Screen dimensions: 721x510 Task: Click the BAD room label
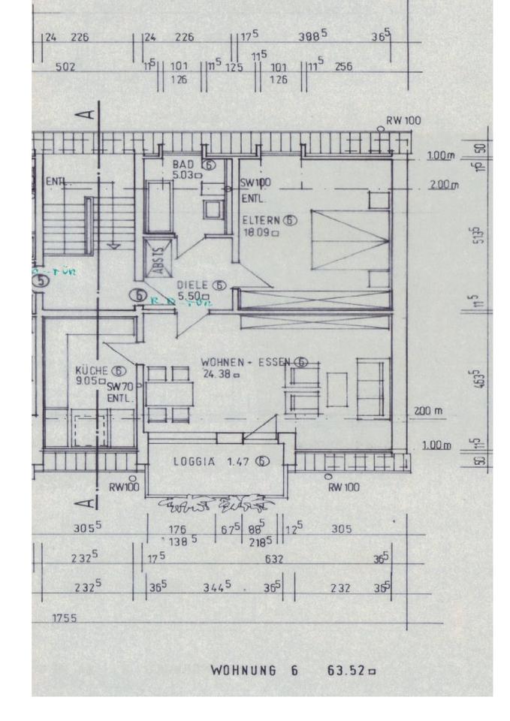click(183, 164)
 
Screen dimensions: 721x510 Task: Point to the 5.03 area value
click(184, 175)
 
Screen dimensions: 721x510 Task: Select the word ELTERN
click(261, 220)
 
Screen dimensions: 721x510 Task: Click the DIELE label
click(193, 285)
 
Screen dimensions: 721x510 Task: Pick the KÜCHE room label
click(93, 370)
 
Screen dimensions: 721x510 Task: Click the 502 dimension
click(65, 68)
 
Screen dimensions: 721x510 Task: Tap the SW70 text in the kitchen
click(119, 387)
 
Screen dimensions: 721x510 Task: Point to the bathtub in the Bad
click(158, 204)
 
